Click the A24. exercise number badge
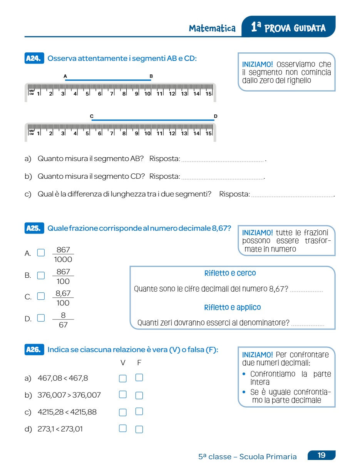pyautogui.click(x=34, y=59)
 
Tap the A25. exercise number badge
pyautogui.click(x=34, y=228)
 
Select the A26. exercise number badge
pyautogui.click(x=34, y=350)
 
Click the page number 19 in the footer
pyautogui.click(x=321, y=455)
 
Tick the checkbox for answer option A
pyautogui.click(x=41, y=253)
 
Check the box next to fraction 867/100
pyautogui.click(x=41, y=275)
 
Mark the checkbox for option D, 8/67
pyautogui.click(x=41, y=318)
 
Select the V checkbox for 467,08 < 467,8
pyautogui.click(x=123, y=378)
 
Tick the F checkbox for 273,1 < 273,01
pyautogui.click(x=139, y=429)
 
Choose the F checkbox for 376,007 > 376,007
pyautogui.click(x=139, y=395)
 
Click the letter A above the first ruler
pyautogui.click(x=65, y=76)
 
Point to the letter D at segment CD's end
pyautogui.click(x=216, y=116)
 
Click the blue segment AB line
pyautogui.click(x=108, y=80)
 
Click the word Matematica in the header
pyautogui.click(x=212, y=28)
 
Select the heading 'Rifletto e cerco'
pyautogui.click(x=230, y=273)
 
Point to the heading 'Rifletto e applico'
pyautogui.click(x=232, y=307)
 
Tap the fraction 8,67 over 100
pyautogui.click(x=63, y=298)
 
